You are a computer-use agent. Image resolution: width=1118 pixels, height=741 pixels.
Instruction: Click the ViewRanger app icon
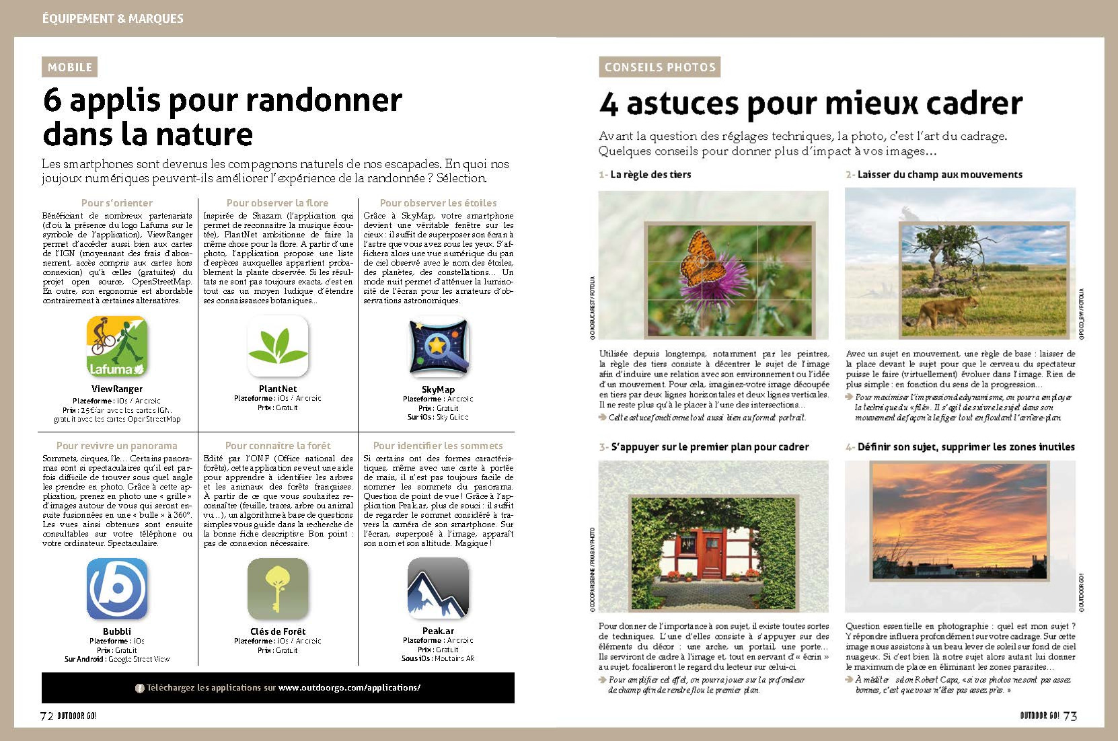pos(117,346)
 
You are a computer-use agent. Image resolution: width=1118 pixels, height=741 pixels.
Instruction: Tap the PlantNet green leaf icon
pos(278,346)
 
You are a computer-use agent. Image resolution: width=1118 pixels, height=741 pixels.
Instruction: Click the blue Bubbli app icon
pos(117,589)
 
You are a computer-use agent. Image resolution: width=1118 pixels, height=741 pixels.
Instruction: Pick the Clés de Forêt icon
pos(278,589)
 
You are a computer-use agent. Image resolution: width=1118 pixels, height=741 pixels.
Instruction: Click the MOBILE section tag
pos(70,67)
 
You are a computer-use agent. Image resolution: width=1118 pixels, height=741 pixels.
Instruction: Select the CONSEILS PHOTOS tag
pos(660,67)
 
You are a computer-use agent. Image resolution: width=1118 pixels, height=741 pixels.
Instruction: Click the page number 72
pos(47,716)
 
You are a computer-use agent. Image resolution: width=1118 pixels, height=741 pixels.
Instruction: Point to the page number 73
pos(1070,716)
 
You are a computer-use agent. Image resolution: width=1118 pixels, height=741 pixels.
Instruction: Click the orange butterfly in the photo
pos(700,258)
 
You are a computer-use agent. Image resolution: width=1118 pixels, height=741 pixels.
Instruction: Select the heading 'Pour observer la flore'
pos(277,203)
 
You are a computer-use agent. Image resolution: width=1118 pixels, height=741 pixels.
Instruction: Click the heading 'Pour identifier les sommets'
pos(438,446)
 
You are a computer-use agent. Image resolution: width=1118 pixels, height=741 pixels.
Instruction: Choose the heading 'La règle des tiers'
pos(650,175)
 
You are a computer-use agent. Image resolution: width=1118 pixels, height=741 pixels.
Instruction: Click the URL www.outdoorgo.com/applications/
pos(349,688)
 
